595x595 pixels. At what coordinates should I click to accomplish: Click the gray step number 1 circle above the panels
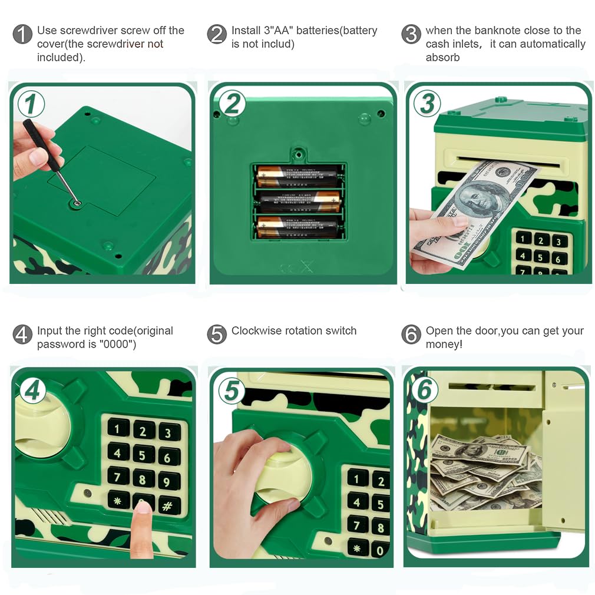tap(22, 34)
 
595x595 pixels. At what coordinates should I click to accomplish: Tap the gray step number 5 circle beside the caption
tap(217, 334)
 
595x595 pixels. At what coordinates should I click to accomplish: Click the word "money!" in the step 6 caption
tap(444, 344)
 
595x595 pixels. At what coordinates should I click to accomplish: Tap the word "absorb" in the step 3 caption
tap(442, 57)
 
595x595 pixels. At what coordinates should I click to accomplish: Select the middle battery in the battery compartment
tap(299, 201)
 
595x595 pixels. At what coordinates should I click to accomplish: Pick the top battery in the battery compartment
tap(297, 176)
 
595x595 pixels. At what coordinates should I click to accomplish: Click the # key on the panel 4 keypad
tap(168, 505)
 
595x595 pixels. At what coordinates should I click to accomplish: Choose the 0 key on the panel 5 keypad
tap(380, 550)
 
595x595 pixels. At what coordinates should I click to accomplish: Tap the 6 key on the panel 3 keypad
tap(558, 259)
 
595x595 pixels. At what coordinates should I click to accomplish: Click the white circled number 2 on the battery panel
tap(232, 103)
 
